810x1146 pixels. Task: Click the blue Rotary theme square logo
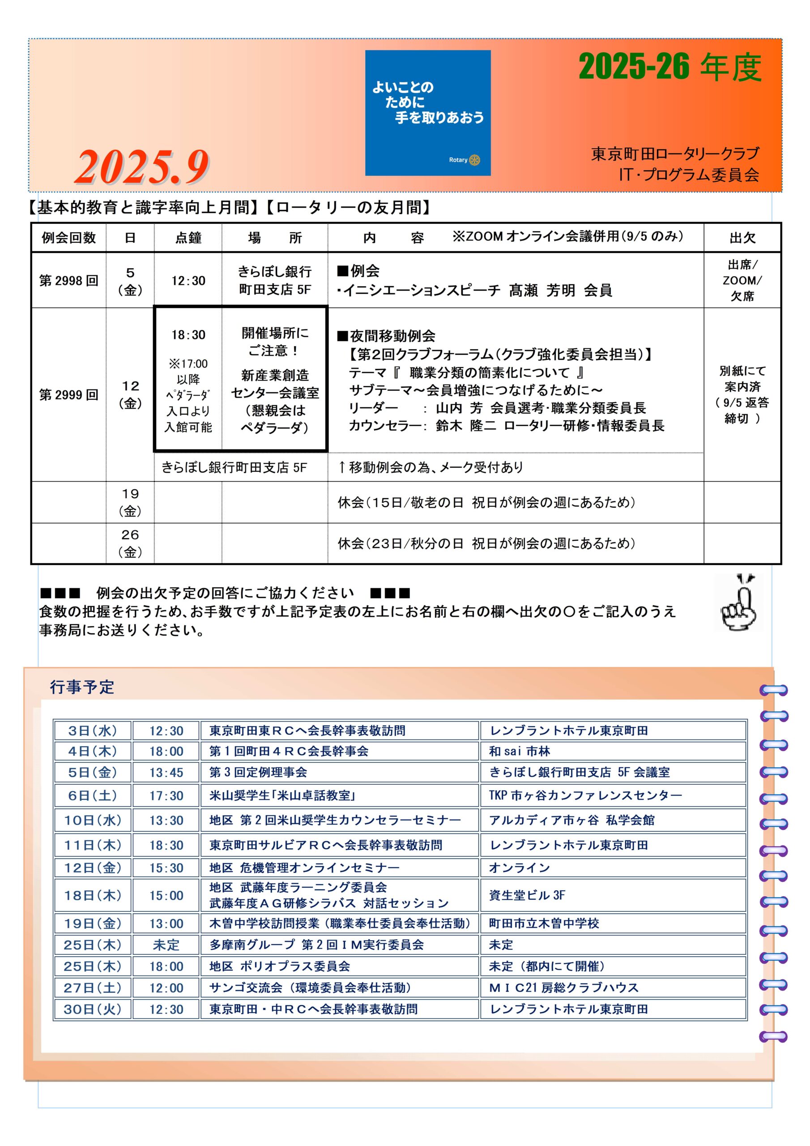click(428, 113)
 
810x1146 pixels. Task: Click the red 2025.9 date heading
click(142, 167)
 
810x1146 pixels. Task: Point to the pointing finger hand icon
click(739, 602)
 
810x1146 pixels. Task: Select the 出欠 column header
click(742, 238)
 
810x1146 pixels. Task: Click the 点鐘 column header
click(188, 238)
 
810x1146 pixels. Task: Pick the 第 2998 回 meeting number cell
click(69, 281)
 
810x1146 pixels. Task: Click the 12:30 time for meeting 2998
click(188, 281)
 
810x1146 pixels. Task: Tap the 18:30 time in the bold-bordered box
click(188, 334)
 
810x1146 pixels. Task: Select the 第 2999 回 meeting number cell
click(69, 395)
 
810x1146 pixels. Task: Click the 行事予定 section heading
click(82, 687)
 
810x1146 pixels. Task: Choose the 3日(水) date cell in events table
click(92, 731)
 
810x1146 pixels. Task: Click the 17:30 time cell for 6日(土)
click(166, 795)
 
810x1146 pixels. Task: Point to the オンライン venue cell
click(519, 868)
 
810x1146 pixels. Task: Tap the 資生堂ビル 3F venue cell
click(527, 895)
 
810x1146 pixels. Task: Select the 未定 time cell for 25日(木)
click(166, 945)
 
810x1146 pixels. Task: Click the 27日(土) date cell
click(92, 988)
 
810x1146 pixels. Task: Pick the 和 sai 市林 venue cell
click(519, 751)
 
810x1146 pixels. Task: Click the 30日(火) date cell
click(92, 1009)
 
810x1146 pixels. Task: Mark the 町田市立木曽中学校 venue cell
click(544, 924)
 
